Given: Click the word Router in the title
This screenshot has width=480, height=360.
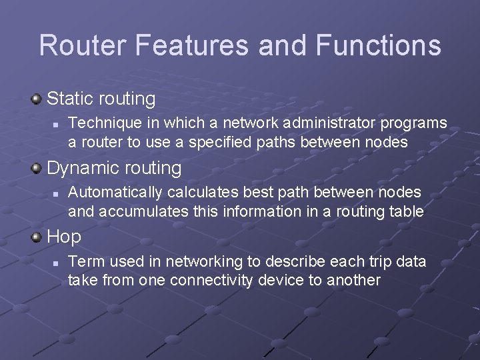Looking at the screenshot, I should pyautogui.click(x=83, y=45).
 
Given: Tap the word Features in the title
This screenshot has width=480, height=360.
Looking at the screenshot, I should pyautogui.click(x=193, y=45).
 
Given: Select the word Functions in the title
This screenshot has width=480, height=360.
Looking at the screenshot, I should pyautogui.click(x=378, y=45).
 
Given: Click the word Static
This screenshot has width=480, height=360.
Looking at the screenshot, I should pyautogui.click(x=70, y=99).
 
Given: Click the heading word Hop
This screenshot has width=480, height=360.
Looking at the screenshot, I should pyautogui.click(x=64, y=237).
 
